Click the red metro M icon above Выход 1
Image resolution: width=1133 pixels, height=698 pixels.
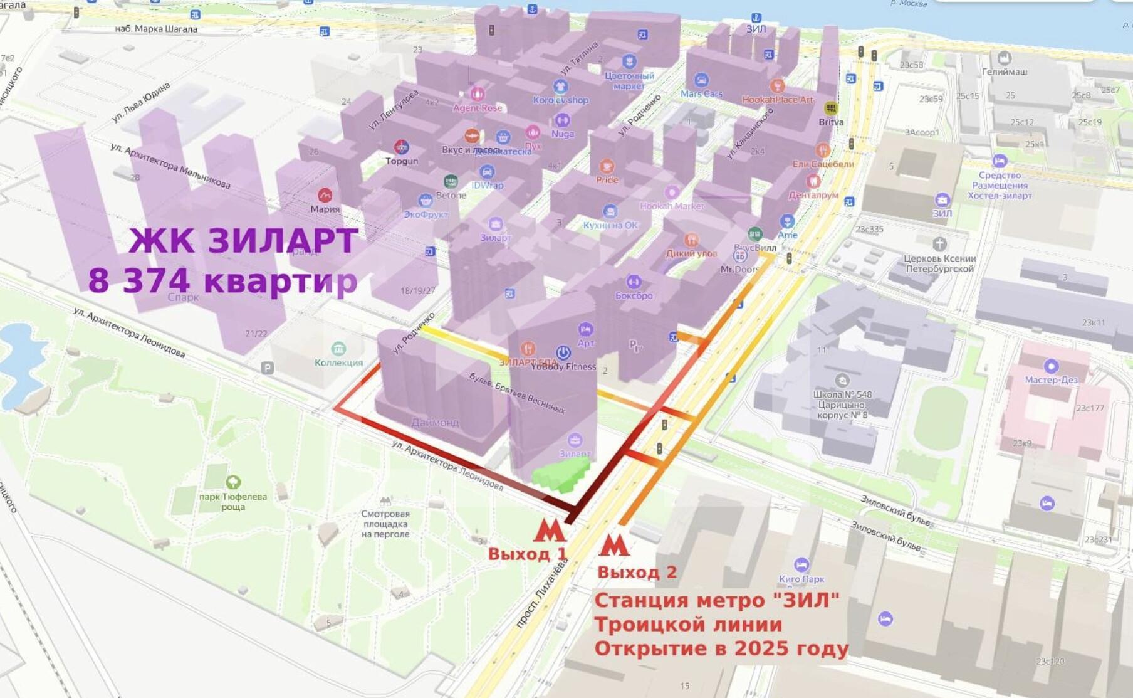[550, 531]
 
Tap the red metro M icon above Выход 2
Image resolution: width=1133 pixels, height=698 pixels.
[613, 545]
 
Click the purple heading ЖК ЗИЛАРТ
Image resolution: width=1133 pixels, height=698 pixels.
[243, 241]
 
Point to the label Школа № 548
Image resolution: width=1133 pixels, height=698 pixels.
[842, 394]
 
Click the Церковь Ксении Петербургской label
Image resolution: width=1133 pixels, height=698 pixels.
[939, 263]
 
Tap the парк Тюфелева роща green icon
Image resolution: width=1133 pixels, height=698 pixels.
[233, 482]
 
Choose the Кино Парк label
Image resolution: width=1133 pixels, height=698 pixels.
[801, 579]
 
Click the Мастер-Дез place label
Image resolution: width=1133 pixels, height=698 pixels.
[1051, 379]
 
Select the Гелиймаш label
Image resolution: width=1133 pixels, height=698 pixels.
[1004, 71]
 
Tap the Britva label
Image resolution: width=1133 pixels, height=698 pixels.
[831, 122]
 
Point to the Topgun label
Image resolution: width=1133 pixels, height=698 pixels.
[402, 161]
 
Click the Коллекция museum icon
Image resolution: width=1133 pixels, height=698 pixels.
[338, 349]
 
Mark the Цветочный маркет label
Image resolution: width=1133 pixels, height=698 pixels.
[629, 81]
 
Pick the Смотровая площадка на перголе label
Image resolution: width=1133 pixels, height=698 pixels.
[385, 524]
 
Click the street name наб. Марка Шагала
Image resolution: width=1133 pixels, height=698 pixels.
[156, 29]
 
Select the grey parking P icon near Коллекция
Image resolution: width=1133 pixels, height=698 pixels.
[268, 368]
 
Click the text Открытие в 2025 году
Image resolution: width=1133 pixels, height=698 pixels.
[721, 648]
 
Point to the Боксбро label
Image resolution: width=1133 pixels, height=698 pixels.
[634, 295]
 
